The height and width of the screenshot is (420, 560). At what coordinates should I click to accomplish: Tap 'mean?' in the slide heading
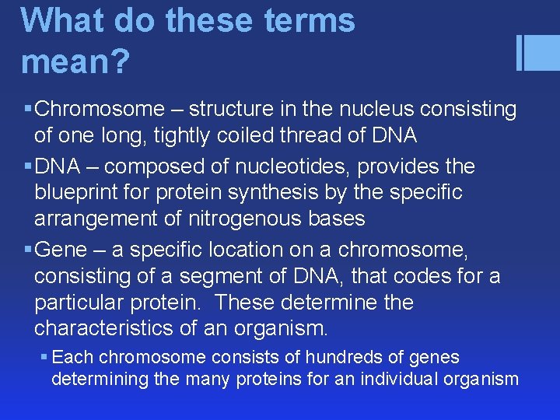pyautogui.click(x=75, y=61)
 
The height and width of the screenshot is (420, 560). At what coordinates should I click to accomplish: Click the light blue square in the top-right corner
pyautogui.click(x=543, y=53)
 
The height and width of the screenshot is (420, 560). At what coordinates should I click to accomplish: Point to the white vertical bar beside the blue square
pyautogui.click(x=519, y=53)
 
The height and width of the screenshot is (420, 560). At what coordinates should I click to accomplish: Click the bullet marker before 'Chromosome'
pyautogui.click(x=27, y=110)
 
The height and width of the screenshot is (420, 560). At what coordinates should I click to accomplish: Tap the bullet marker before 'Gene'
pyautogui.click(x=27, y=250)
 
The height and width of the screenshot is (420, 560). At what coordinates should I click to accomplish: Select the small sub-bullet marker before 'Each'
pyautogui.click(x=44, y=358)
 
